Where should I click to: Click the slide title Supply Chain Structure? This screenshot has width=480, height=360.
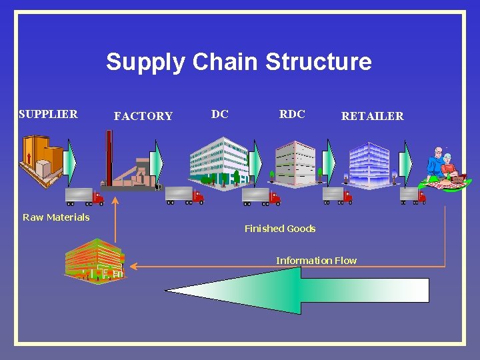point(239,62)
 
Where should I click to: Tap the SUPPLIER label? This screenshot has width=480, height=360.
point(48,114)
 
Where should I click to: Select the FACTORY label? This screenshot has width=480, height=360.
point(143,116)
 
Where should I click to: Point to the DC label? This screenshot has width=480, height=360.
point(220,114)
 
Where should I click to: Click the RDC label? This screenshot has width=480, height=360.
point(292,114)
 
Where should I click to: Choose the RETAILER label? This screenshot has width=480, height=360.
point(372,116)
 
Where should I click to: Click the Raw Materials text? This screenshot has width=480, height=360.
point(56,217)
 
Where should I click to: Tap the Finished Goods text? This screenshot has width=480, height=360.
point(280,229)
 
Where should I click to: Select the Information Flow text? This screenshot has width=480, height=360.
point(316,260)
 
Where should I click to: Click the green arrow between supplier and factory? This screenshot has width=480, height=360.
point(71,163)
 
